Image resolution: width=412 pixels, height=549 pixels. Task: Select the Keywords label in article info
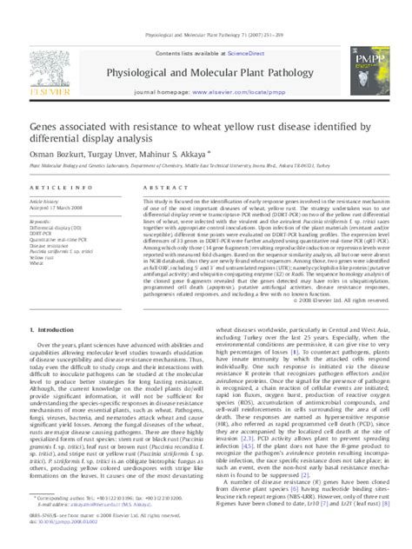click(x=42, y=222)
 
